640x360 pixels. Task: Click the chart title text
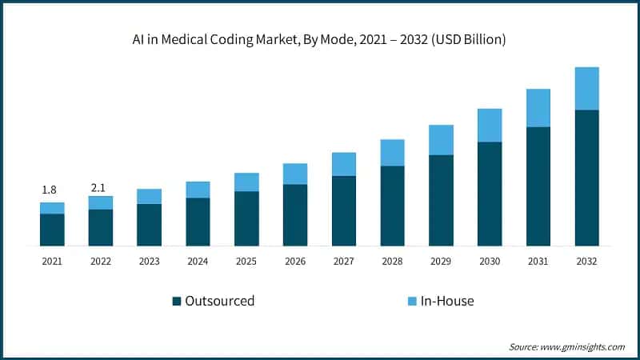tap(320, 38)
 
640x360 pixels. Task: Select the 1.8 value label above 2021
tap(49, 190)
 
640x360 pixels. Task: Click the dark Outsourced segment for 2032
tap(587, 178)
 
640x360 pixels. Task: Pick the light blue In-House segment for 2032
tap(587, 88)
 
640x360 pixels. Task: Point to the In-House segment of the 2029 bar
tap(441, 140)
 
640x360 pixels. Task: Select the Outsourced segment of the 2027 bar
tap(344, 210)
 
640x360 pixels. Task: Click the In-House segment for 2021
tap(52, 208)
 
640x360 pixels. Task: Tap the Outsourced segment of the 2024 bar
tap(198, 222)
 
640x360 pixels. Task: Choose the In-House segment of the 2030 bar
tap(490, 126)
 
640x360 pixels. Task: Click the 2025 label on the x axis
tap(246, 261)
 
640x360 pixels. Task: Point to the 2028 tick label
tap(392, 261)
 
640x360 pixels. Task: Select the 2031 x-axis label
tap(538, 261)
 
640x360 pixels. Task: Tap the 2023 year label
tap(149, 261)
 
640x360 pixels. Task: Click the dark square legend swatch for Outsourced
tap(177, 302)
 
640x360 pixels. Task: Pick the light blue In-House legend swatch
tap(412, 302)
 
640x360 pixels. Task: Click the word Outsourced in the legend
tap(219, 302)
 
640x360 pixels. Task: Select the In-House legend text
tap(448, 302)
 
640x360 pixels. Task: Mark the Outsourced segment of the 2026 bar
tap(295, 215)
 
